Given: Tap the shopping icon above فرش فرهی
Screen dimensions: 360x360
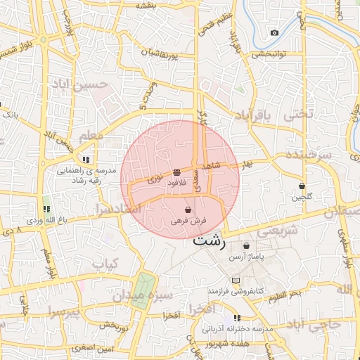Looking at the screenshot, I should point(188,210).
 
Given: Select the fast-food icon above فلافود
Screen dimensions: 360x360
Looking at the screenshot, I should point(176,172).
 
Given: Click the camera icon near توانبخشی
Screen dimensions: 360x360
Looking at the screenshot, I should point(274,33).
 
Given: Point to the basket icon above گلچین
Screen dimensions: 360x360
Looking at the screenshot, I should point(302,186).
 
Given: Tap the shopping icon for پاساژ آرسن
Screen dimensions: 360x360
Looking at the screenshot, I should point(246,245).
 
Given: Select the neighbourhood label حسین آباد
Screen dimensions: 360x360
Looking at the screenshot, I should point(79,85).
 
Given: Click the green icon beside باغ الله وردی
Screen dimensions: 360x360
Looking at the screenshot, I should point(46,209).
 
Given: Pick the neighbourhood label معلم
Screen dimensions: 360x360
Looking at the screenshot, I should point(91,134).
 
